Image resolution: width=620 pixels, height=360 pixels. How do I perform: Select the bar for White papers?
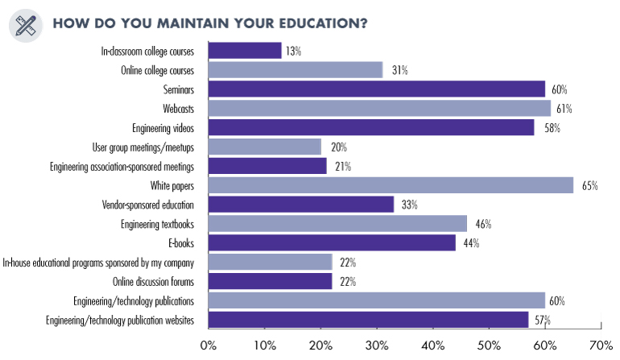coord(391,185)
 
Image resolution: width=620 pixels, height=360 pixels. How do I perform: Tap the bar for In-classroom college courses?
coord(245,51)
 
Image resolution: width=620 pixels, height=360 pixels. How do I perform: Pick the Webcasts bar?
coord(379,108)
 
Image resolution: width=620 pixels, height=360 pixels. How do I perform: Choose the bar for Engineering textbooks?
coord(337,224)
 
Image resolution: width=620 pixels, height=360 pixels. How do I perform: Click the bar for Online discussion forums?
coord(270,281)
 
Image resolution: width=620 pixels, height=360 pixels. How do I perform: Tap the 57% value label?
coord(544,321)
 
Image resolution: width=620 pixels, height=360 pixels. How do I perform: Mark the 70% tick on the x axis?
coord(601,346)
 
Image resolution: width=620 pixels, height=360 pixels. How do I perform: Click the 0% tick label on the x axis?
coord(209,346)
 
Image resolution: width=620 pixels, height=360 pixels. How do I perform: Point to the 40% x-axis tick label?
coord(432,346)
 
